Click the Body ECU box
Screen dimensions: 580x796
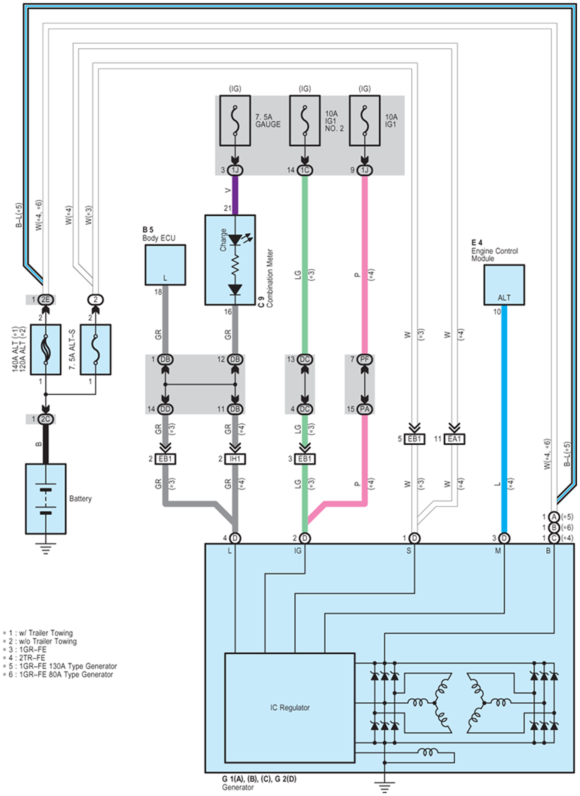coord(165,265)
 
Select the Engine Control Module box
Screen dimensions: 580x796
coord(504,285)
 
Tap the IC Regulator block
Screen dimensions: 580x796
coord(290,708)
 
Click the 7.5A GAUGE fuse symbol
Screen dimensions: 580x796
coord(235,120)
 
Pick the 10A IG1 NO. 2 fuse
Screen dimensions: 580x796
coord(305,120)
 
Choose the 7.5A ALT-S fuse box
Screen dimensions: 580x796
coord(95,350)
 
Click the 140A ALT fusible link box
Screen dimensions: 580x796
coord(46,350)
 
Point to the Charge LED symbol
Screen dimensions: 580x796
coord(235,240)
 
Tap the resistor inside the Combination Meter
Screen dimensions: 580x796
coord(235,267)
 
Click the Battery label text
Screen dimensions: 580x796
coord(81,498)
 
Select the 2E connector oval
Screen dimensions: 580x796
coord(46,300)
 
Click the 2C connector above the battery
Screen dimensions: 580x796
coord(46,419)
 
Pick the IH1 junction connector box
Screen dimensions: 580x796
coord(235,459)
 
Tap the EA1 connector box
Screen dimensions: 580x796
coord(455,439)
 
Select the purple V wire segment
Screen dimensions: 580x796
coord(235,195)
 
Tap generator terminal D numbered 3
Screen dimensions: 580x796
coord(504,538)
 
